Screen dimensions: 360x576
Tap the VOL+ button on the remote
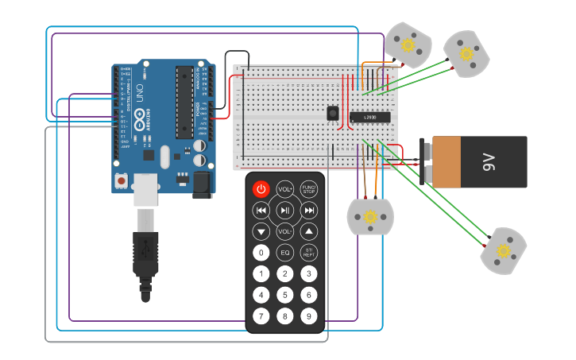click(285, 189)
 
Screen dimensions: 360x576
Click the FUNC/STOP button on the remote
click(309, 189)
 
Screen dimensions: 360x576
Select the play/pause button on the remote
click(285, 211)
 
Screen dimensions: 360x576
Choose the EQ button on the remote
click(285, 253)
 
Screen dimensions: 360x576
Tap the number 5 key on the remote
click(285, 295)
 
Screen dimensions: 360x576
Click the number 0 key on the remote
click(261, 253)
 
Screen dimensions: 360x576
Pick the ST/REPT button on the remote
click(309, 253)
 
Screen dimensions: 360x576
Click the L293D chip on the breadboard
click(370, 118)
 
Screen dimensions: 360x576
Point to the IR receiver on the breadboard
click(331, 114)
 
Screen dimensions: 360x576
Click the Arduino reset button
click(121, 181)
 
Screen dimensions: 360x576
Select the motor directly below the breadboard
click(370, 216)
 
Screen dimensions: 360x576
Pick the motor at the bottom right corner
click(504, 251)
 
